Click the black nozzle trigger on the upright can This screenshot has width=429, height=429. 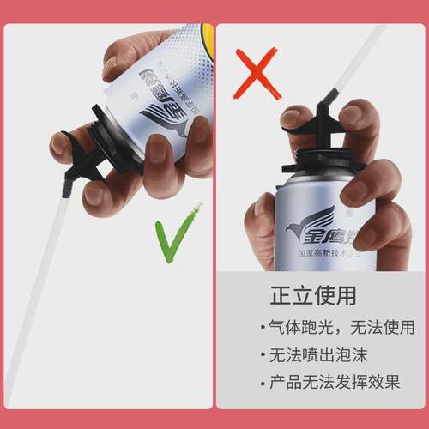[318, 120]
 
